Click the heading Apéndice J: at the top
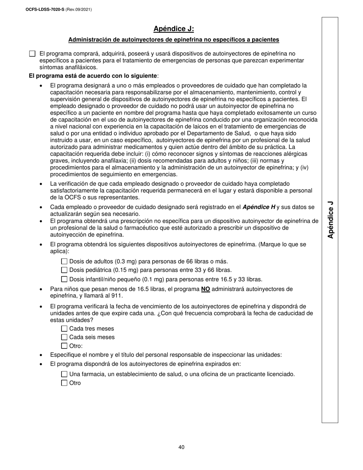coord(173,29)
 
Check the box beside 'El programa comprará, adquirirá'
coord(32,54)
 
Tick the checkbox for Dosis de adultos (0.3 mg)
coord(64,262)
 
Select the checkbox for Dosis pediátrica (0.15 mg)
coord(64,271)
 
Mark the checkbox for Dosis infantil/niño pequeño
coord(64,279)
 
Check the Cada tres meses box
coord(64,329)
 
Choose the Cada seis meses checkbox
coord(64,337)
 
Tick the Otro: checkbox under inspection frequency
coord(64,346)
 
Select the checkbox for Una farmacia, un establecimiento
coord(64,374)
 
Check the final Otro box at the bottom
coord(64,383)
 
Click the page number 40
coord(181,447)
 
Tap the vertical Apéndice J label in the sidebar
coord(331,220)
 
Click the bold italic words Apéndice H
coord(259,207)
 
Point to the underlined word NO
coord(206,289)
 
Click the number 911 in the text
coord(118,296)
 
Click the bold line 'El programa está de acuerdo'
coord(93,76)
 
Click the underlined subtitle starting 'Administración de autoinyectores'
coord(173,40)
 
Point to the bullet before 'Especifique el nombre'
coord(41,355)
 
